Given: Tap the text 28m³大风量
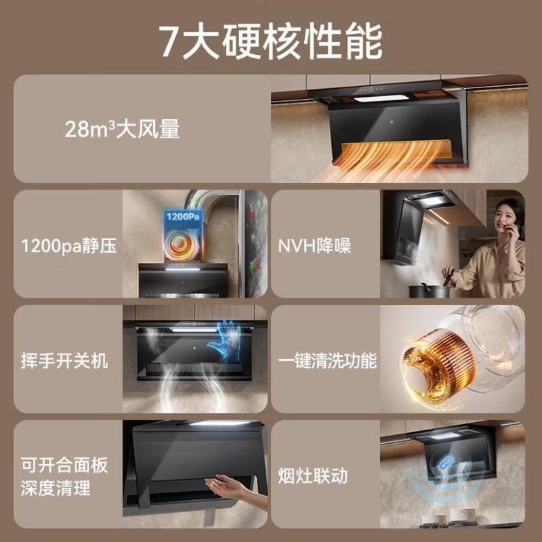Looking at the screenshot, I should pos(123,129).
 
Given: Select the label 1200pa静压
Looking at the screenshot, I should pos(68,245).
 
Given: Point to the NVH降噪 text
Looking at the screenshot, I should pos(314,245).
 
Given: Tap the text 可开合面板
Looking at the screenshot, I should pos(64,465).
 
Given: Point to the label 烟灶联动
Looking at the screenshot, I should pos(313,476).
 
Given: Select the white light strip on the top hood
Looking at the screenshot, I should pos(381,99).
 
